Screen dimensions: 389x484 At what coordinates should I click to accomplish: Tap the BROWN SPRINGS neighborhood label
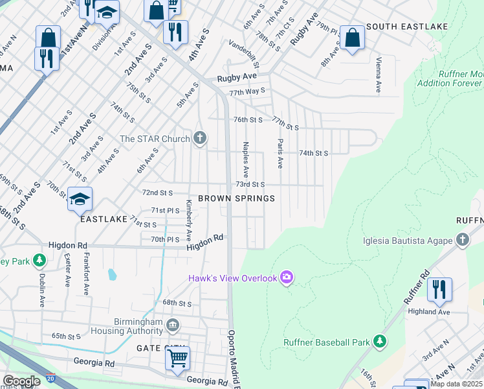click(236, 198)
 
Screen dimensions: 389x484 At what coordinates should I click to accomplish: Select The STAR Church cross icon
click(201, 138)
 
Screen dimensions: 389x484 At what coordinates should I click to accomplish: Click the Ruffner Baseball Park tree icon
click(380, 342)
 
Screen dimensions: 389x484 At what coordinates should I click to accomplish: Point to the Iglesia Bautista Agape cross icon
click(462, 241)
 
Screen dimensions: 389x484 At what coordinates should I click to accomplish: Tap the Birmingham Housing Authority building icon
click(172, 324)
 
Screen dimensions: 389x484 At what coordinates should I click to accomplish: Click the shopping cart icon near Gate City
click(177, 358)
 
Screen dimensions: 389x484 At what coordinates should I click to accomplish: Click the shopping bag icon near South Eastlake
click(352, 37)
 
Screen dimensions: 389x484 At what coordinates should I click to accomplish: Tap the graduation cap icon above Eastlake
click(80, 199)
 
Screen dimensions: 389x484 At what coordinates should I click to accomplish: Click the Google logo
click(21, 381)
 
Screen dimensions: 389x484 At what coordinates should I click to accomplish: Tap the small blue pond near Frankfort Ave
click(111, 275)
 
